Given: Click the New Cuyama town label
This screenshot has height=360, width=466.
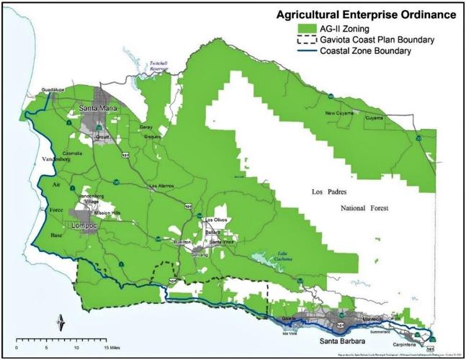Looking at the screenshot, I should [339, 113].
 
